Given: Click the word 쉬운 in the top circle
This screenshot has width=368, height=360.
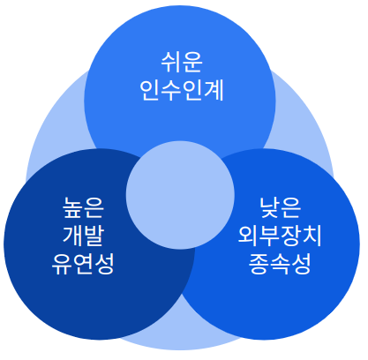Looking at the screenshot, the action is (x=182, y=62).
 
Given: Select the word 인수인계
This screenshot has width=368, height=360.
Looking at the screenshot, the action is (x=182, y=90).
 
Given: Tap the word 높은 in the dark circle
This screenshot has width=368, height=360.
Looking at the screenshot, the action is (x=83, y=207).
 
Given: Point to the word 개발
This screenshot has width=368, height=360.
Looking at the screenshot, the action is (x=83, y=236).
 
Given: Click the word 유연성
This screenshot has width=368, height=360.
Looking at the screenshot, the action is (x=83, y=264).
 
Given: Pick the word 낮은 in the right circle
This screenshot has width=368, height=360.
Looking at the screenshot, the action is (x=280, y=207).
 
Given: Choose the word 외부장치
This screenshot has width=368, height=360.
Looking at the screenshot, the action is (x=280, y=236).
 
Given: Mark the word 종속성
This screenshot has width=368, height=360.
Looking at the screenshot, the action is (x=280, y=264).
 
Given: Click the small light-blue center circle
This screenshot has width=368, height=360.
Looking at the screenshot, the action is (x=180, y=195).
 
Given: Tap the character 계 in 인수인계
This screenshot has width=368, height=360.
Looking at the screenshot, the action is (x=214, y=90).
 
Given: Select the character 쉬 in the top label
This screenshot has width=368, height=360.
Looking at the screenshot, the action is (x=171, y=62).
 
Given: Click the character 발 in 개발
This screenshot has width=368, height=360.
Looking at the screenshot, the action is (x=94, y=236).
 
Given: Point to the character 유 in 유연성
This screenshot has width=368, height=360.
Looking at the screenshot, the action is (x=62, y=264).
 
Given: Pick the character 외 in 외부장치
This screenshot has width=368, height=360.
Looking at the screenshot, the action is (x=248, y=236).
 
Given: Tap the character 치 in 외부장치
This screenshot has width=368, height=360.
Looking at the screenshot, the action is (x=312, y=236).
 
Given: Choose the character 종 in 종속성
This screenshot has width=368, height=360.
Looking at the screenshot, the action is (x=259, y=264).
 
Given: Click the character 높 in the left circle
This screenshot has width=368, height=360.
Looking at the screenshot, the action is (x=72, y=207).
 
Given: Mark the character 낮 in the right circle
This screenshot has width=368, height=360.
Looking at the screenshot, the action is (x=269, y=207).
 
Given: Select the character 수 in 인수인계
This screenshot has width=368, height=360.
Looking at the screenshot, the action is (x=171, y=90).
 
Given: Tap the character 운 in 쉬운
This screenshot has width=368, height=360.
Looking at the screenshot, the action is (x=192, y=62).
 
